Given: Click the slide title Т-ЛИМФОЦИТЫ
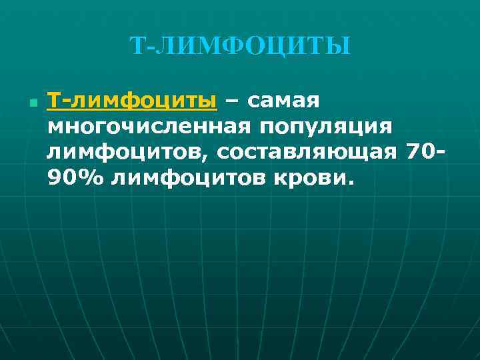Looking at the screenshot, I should tap(239, 46).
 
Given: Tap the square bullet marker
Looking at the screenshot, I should tap(31, 105).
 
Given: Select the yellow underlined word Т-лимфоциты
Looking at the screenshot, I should tap(132, 101).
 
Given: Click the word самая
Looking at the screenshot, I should tap(284, 101).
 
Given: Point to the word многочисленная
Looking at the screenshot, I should tap(147, 127).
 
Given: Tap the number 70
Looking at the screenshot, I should tap(419, 152).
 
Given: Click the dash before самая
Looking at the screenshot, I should tap(232, 102).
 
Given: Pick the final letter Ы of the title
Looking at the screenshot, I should tap(339, 46).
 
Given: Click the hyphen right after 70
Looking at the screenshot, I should tap(440, 153).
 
